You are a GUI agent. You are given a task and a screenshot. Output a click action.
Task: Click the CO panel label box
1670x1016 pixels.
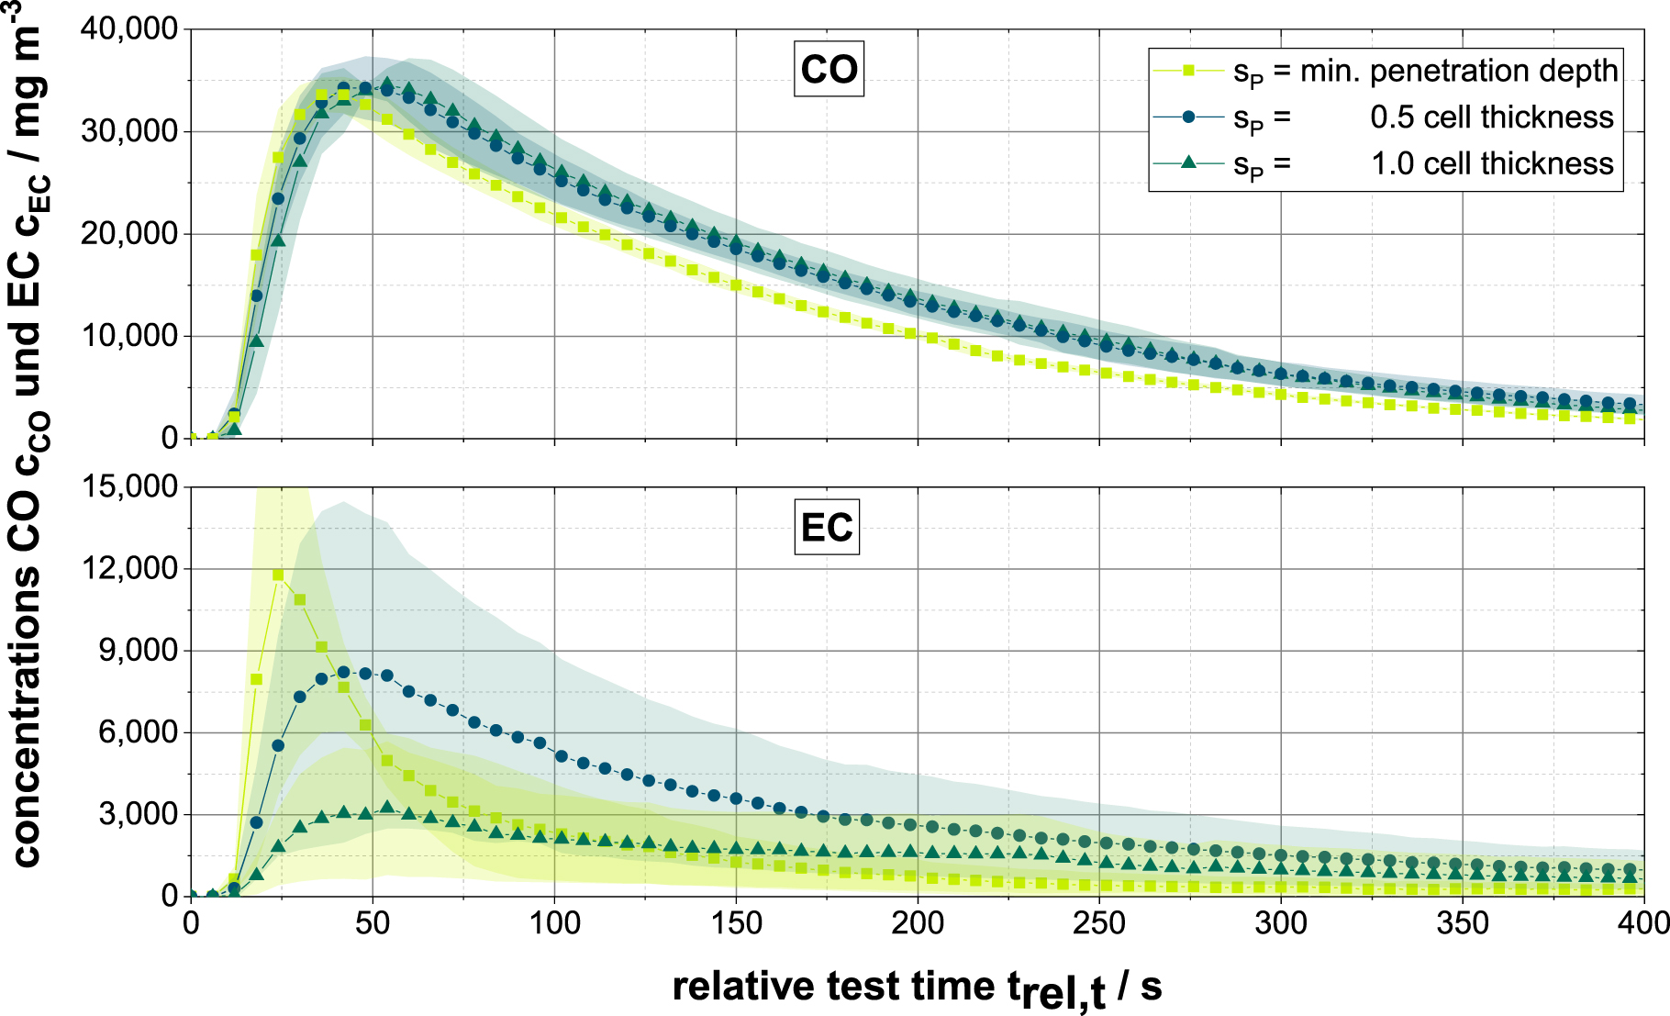coord(829,70)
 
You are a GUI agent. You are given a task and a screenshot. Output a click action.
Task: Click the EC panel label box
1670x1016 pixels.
coord(827,528)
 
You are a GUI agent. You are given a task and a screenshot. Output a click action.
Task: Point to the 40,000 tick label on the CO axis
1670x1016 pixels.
coord(129,29)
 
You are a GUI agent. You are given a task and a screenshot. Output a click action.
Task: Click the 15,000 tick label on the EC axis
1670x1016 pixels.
coord(129,486)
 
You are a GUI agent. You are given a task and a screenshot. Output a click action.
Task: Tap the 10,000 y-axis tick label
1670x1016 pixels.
coord(129,336)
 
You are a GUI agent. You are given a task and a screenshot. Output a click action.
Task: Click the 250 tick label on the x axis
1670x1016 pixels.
coord(1099,923)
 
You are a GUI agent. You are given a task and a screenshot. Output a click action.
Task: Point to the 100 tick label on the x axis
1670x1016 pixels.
coord(554,923)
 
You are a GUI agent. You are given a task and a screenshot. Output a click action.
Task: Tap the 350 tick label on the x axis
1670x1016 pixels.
coord(1463,923)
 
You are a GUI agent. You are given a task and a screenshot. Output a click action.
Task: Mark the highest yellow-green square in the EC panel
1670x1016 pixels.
coord(278,575)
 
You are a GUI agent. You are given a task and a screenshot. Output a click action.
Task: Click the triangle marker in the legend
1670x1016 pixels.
coord(1188,162)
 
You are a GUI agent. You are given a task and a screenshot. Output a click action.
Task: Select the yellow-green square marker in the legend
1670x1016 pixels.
coord(1188,70)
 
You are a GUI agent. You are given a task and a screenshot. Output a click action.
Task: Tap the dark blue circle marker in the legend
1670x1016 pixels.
coord(1188,117)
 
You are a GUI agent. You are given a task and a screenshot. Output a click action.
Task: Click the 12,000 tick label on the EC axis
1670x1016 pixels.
coord(129,569)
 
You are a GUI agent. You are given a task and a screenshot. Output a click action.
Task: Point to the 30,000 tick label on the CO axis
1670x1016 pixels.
coord(129,131)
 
